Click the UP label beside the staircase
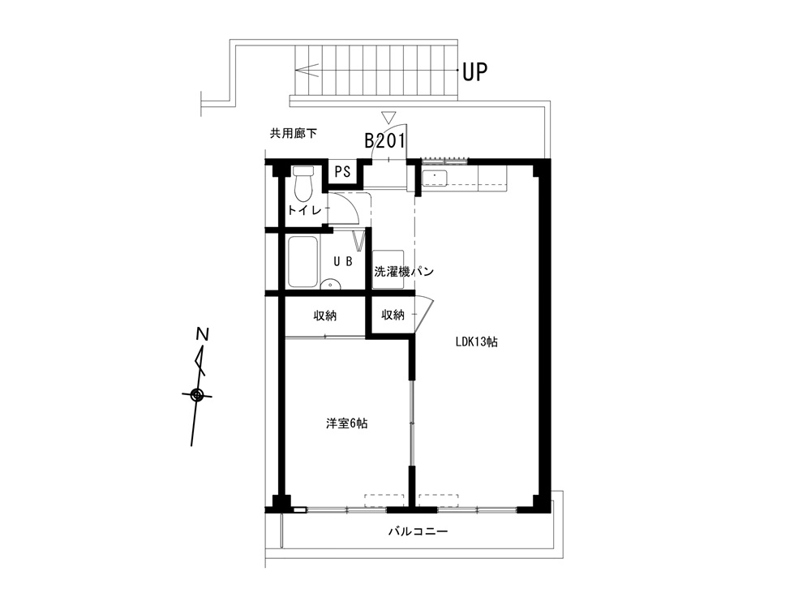[474, 71]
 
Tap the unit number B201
[384, 140]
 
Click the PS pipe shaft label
[342, 171]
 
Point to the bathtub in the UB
[303, 262]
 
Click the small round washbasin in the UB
[330, 284]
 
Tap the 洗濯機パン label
[403, 271]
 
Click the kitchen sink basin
[435, 178]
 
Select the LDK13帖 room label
[476, 342]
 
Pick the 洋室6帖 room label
[347, 423]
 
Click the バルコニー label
[418, 531]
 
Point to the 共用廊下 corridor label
[294, 134]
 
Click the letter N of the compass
[203, 334]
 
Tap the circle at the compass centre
[196, 395]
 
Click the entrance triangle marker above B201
[388, 117]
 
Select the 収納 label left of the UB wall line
[325, 315]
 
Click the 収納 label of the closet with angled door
[393, 314]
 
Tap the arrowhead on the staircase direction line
[306, 70]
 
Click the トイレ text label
[305, 210]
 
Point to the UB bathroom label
[343, 261]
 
